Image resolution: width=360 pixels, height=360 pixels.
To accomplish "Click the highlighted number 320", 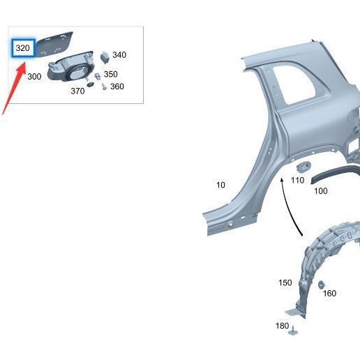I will pyautogui.click(x=23, y=49).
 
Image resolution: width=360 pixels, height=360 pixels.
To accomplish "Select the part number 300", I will pyautogui.click(x=34, y=76).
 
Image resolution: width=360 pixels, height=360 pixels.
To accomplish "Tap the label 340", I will pyautogui.click(x=119, y=55).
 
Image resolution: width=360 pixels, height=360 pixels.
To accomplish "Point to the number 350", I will pyautogui.click(x=111, y=74).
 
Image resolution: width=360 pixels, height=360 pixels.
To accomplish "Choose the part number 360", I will pyautogui.click(x=117, y=87).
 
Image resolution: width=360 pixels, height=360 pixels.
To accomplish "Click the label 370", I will pyautogui.click(x=77, y=91).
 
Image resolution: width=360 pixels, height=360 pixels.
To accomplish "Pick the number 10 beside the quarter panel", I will pyautogui.click(x=220, y=185).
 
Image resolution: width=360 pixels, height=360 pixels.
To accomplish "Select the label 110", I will pyautogui.click(x=298, y=180).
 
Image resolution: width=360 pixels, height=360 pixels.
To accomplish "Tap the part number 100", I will pyautogui.click(x=320, y=190).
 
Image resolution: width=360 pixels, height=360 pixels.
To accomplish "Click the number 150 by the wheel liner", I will pyautogui.click(x=285, y=283).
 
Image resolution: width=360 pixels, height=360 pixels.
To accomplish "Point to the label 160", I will pyautogui.click(x=329, y=293).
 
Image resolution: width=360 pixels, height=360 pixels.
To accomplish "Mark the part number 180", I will pyautogui.click(x=282, y=326).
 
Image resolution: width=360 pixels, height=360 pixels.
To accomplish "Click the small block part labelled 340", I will pyautogui.click(x=105, y=56).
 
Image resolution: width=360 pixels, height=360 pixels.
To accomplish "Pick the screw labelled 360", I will pyautogui.click(x=103, y=87).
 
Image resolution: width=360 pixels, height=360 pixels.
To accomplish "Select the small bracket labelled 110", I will pyautogui.click(x=304, y=166).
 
